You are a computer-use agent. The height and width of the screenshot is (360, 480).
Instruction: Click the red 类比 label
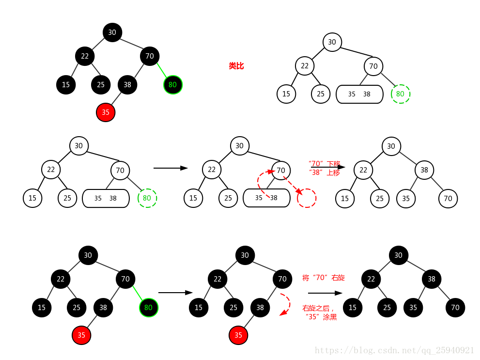click(236, 66)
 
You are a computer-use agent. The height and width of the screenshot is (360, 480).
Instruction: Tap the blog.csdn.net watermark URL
click(394, 350)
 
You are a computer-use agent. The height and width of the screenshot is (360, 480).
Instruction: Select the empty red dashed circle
click(306, 198)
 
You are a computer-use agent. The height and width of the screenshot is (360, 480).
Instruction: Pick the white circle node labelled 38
click(424, 170)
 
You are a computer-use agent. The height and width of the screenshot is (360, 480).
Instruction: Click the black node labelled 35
click(413, 307)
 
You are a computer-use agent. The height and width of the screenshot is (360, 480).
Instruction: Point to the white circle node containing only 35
click(405, 198)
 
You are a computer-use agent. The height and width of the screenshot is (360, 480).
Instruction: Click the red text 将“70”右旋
click(324, 278)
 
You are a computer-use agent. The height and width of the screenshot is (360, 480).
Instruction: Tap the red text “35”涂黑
click(321, 317)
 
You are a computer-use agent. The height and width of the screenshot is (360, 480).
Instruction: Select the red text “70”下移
click(325, 164)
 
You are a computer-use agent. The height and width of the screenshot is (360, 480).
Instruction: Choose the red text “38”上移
click(324, 172)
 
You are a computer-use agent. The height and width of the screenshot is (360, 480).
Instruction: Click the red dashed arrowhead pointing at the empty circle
click(299, 192)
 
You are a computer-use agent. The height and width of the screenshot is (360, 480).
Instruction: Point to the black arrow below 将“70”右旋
click(325, 293)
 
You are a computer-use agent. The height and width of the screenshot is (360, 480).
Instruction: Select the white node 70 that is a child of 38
click(448, 198)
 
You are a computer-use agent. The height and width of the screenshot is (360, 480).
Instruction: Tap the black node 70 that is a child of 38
click(455, 307)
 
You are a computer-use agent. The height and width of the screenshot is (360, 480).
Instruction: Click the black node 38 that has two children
click(431, 279)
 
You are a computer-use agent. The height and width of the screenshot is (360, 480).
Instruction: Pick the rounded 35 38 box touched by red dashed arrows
click(266, 198)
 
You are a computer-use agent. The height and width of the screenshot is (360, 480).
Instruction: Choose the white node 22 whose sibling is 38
click(363, 170)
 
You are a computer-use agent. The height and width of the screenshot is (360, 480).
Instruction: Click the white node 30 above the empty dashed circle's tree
click(239, 146)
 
